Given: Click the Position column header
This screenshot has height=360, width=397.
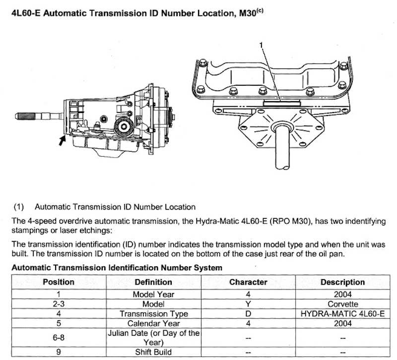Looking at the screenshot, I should pos(58,282).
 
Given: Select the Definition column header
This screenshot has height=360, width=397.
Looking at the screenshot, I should pos(154,282).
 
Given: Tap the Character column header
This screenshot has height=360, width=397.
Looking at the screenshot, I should pos(248,282).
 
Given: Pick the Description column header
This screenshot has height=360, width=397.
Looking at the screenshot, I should pos(342,282).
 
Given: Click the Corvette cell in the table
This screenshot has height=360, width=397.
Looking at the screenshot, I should pos(342,303).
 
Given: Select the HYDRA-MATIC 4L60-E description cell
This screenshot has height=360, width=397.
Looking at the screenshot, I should pos(342,313).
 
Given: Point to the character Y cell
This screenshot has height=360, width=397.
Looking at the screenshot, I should pos(248,303).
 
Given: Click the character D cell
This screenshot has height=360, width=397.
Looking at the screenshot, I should pos(248,313).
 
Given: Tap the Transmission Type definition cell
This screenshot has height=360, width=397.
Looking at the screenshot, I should pos(154,313).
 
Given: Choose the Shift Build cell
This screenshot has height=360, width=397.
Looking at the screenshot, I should pos(154,353).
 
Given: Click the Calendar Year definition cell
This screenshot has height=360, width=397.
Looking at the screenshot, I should pos(154,323).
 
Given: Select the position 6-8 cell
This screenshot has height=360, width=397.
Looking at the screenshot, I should pos(58,337).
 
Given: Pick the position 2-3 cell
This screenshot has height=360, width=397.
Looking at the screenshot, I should pos(58,303).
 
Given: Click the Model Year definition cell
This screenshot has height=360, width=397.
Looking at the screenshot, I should pos(154,294).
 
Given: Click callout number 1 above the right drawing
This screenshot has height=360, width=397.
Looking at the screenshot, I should pos(261,45).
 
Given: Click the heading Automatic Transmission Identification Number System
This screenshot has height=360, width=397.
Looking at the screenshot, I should pos(117,267).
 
